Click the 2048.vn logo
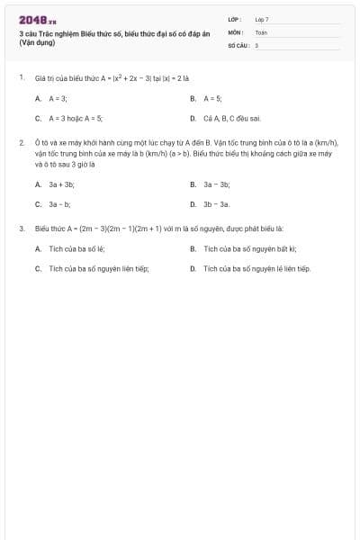tap(37, 19)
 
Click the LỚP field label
tap(235, 19)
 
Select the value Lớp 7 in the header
tap(262, 19)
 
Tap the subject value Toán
tap(261, 31)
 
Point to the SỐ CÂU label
tap(237, 44)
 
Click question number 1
tap(21, 77)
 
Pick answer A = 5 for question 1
tap(212, 98)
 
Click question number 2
tap(21, 142)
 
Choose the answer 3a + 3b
tap(61, 184)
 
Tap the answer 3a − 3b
tap(217, 184)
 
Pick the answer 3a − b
tap(59, 204)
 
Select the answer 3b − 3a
tap(217, 204)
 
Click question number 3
tap(21, 229)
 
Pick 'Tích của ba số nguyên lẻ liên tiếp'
tap(256, 268)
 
